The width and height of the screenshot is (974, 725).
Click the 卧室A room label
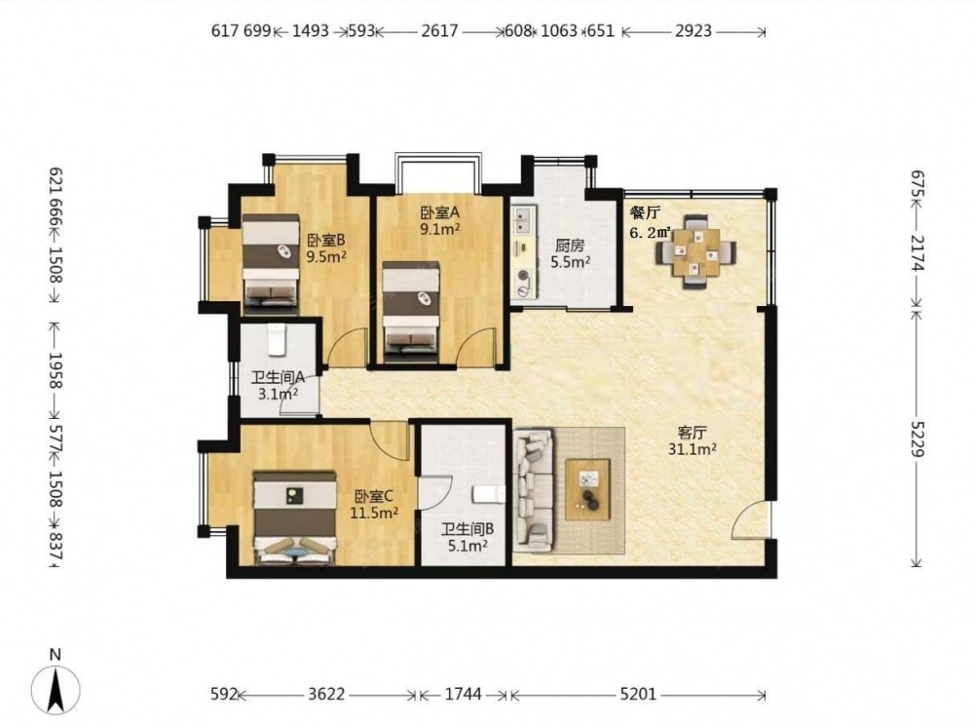(x=440, y=212)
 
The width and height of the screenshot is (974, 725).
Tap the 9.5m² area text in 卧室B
(x=326, y=255)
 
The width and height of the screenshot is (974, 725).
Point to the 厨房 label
(x=570, y=246)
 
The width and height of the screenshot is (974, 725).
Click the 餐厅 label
(x=645, y=213)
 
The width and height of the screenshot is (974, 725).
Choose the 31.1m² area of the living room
(x=693, y=448)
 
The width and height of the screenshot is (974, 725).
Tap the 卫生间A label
(x=278, y=377)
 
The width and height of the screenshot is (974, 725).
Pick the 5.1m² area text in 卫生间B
(x=468, y=546)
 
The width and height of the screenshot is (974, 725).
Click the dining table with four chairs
(x=695, y=251)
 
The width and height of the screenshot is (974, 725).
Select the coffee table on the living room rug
(x=587, y=485)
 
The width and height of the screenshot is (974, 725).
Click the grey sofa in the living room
(x=534, y=491)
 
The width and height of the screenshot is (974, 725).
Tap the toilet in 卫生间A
(x=276, y=339)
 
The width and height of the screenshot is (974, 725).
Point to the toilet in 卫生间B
(x=489, y=494)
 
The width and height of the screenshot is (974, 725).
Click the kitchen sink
(x=522, y=220)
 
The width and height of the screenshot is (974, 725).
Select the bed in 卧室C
(x=295, y=518)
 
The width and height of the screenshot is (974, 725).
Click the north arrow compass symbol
(x=56, y=688)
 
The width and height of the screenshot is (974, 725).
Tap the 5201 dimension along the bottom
(x=638, y=694)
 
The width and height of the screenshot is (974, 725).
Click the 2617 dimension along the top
(x=439, y=30)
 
